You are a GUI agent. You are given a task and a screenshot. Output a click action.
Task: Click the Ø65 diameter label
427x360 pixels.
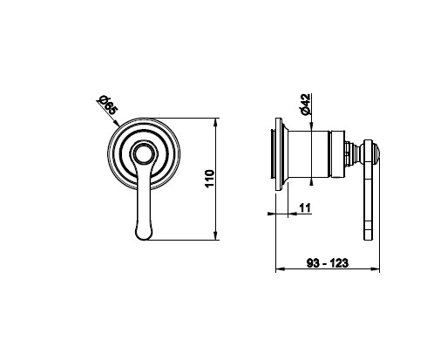point(107,105)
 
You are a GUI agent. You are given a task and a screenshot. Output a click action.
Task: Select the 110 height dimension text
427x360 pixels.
point(209,179)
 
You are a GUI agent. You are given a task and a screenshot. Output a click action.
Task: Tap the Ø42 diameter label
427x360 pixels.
point(305,105)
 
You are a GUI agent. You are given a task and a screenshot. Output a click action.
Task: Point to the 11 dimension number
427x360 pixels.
point(305,208)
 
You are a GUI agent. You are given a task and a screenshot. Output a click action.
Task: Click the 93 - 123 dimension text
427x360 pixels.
point(328,263)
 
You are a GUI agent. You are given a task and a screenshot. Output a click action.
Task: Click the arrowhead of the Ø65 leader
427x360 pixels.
point(117,124)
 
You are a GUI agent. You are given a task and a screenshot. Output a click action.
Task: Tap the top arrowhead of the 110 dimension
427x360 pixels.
point(215,122)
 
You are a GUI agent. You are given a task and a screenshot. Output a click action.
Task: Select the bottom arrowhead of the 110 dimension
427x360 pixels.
point(215,236)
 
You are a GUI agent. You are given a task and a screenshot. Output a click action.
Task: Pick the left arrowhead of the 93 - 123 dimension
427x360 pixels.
point(280,269)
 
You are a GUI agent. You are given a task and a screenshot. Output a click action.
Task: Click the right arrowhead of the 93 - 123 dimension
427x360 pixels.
point(376,269)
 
